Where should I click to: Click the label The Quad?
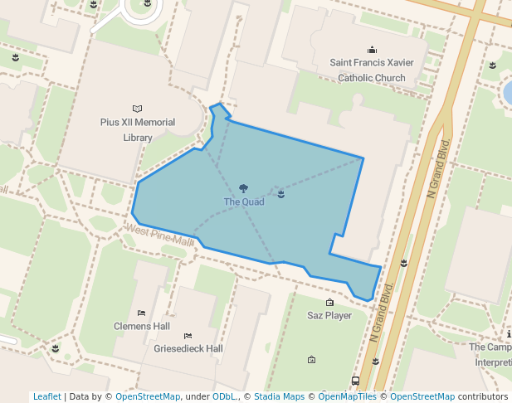[243, 201]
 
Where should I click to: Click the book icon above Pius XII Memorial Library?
[138, 109]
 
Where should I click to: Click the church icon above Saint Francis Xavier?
[372, 50]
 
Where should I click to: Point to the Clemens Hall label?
[142, 326]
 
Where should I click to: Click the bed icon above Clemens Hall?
[142, 313]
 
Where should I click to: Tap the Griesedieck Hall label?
[188, 348]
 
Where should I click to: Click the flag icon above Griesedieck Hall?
[188, 335]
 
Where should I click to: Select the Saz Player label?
[329, 315]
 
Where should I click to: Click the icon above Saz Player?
[329, 302]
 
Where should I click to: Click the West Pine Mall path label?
[161, 236]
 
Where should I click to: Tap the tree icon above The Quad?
[243, 189]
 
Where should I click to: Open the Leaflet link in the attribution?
[46, 396]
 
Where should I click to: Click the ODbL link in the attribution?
[223, 396]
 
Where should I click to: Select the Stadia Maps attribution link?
[279, 396]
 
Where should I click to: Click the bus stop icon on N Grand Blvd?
[355, 381]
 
